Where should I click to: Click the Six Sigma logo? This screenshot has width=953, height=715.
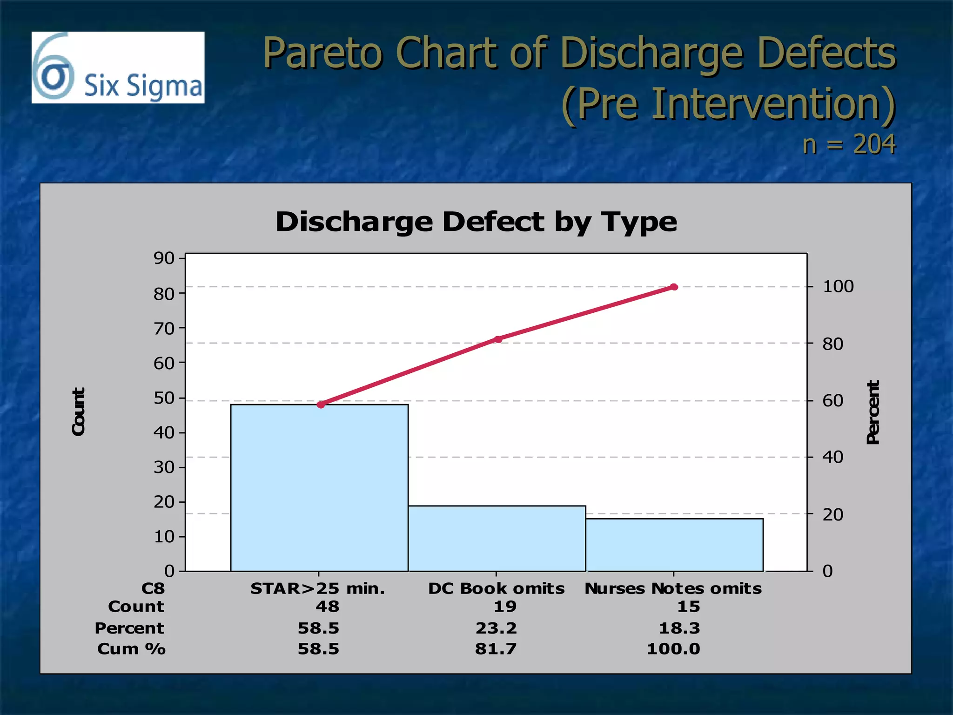tap(118, 67)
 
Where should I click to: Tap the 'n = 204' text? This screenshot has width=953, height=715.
tap(849, 144)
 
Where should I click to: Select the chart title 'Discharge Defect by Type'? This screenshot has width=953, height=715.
tap(476, 222)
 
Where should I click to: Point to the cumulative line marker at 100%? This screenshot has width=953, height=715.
tap(674, 287)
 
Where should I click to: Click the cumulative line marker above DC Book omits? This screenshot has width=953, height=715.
tap(498, 339)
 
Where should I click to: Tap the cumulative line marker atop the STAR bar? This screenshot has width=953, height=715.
tap(321, 405)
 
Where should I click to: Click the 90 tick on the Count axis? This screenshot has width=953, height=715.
tap(164, 258)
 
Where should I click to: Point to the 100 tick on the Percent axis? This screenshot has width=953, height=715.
tap(838, 286)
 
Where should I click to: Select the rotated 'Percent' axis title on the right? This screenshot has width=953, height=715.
tap(873, 412)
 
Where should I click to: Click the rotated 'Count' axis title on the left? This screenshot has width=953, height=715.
tap(78, 412)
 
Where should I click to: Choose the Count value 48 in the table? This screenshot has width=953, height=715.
tap(328, 607)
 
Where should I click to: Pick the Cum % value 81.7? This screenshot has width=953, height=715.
tap(496, 649)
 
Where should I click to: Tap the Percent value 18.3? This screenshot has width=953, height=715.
tap(679, 628)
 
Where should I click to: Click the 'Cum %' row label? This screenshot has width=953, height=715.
tap(131, 649)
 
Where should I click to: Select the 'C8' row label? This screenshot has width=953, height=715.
tap(153, 588)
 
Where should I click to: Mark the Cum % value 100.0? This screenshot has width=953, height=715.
tap(673, 649)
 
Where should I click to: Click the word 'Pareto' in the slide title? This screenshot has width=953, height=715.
tap(323, 53)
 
